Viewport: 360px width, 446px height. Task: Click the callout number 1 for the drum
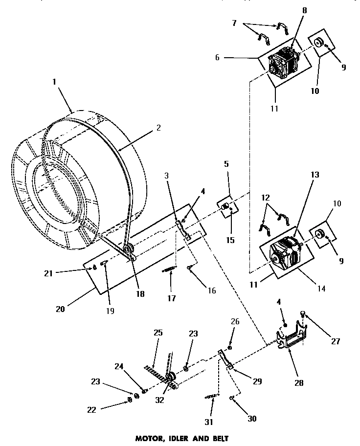point(54,83)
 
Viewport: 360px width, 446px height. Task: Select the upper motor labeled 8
point(285,64)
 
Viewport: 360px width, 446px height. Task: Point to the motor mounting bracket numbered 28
point(291,337)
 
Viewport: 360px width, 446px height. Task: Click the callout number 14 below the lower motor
point(320,289)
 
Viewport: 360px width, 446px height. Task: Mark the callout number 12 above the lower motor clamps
point(265,199)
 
